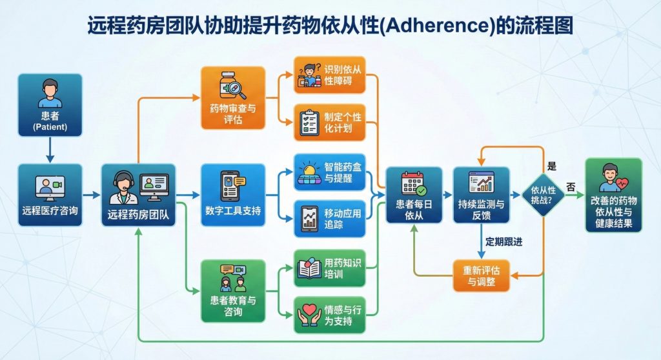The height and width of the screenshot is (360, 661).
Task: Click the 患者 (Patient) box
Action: (50, 105)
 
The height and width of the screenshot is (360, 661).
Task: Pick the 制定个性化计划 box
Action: (329, 122)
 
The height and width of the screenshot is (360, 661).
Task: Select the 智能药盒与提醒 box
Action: (329, 172)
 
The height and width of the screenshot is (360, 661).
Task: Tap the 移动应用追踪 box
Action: (329, 219)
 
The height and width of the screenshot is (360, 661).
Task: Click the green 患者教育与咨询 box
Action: (233, 290)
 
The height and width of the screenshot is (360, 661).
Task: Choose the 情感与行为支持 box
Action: (329, 314)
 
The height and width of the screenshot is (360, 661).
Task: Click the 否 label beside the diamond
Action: (571, 186)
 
